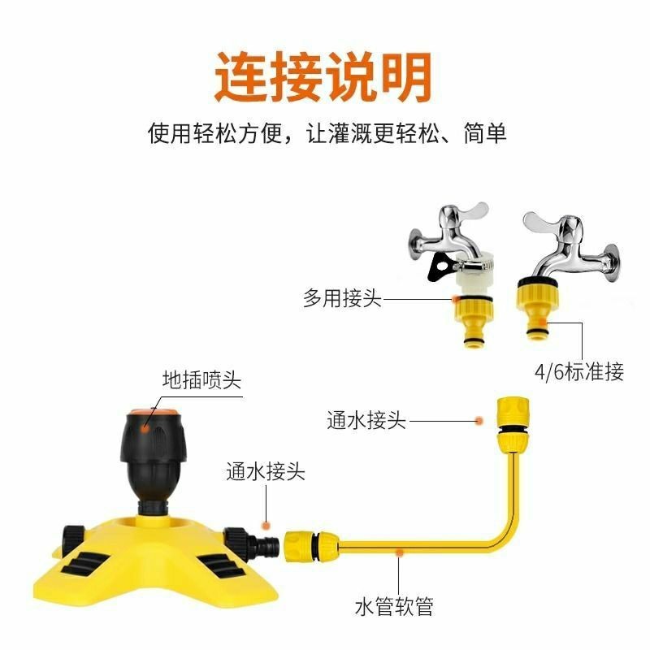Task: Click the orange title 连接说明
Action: pos(323,77)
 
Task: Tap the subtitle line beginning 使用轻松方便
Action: pos(327,133)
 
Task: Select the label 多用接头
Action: pos(342,298)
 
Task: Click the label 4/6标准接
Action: pos(579,371)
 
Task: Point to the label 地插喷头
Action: pos(201,379)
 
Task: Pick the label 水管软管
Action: pos(394,606)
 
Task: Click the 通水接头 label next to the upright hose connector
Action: pos(366,420)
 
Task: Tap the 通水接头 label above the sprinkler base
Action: pos(266,471)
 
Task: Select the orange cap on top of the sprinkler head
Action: pos(154,413)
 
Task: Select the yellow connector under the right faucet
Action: pos(538,308)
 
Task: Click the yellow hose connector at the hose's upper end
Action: pos(513,424)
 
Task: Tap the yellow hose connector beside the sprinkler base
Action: pos(311,545)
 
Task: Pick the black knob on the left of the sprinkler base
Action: pos(73,539)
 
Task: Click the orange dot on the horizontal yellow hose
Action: pos(399,552)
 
